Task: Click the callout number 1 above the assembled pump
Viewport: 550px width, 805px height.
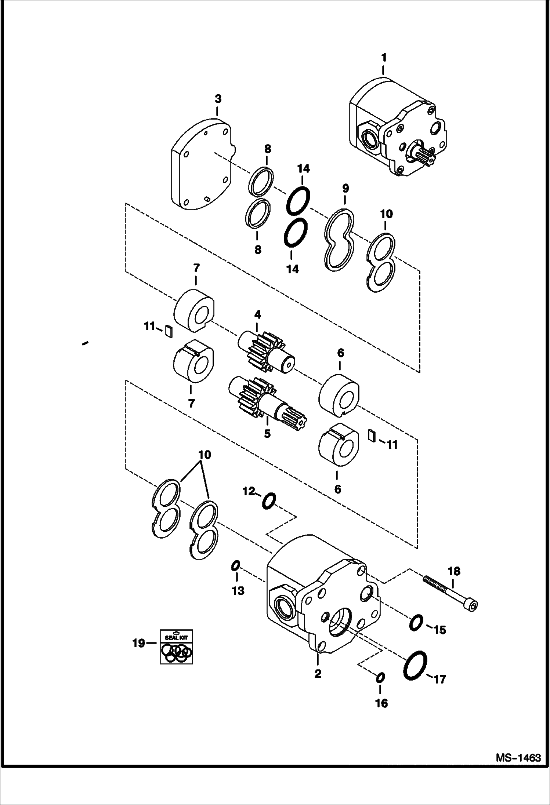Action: click(384, 58)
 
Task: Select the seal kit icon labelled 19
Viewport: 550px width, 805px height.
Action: click(176, 647)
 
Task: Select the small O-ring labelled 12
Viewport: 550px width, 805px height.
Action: click(269, 501)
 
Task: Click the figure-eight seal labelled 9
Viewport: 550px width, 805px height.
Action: click(340, 240)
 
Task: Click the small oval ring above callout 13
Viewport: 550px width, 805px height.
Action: click(235, 566)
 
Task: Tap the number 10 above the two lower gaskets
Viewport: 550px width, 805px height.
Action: click(205, 455)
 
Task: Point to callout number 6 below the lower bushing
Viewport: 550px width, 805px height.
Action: click(338, 489)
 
